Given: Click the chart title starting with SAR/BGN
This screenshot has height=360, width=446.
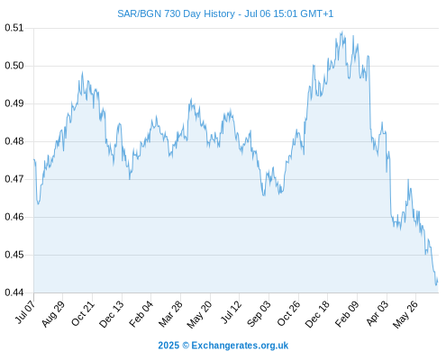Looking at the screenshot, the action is tap(225, 13).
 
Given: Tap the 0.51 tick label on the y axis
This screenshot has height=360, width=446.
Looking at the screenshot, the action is tap(14, 28).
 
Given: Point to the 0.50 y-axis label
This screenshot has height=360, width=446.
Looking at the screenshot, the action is tap(14, 66).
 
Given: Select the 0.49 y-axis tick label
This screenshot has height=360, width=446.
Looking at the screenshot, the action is tap(14, 103).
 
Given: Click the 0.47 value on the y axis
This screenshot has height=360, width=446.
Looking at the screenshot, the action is tap(14, 179).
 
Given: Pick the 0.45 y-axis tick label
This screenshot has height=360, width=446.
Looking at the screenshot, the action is tap(14, 255).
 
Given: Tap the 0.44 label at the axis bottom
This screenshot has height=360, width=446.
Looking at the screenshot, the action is tap(14, 292).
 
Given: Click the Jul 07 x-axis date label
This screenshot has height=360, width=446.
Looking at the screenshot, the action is tap(24, 312).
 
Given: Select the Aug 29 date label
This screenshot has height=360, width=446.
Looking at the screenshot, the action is tap(52, 314).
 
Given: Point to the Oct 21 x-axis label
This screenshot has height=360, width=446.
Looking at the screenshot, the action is tap(82, 313).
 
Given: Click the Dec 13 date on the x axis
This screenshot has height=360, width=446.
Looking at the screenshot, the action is tap(111, 314).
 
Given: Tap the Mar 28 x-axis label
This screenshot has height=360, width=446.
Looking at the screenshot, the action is tap(170, 314).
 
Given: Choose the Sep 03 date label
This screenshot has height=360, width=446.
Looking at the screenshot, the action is tap(259, 314).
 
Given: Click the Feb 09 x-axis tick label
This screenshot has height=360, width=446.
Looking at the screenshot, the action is tap(347, 314).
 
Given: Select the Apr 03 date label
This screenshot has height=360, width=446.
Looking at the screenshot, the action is tap(377, 313).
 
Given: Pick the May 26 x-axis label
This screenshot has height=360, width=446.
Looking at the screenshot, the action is tap(405, 314).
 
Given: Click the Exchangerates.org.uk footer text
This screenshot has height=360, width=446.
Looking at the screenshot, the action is tap(240, 346).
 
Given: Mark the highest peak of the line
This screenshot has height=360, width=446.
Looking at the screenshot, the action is tap(342, 31).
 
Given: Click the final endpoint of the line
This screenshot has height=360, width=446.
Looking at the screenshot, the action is tap(438, 282).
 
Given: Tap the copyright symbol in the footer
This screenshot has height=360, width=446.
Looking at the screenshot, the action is tap(186, 346).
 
